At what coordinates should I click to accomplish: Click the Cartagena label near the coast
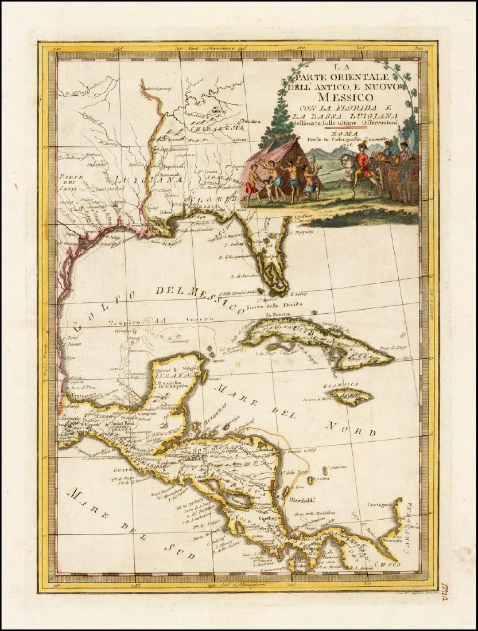click(381, 503)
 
